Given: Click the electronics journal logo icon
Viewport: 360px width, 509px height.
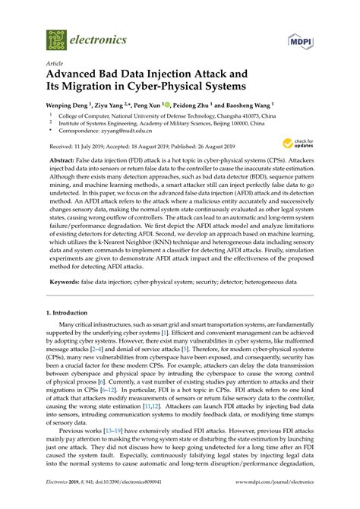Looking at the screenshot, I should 55,38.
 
